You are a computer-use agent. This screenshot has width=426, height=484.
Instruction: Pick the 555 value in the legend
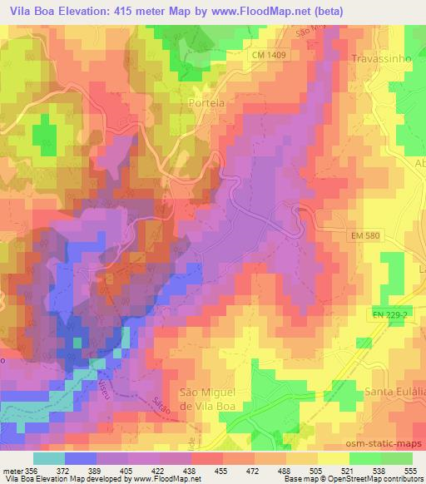pyautogui.click(x=409, y=470)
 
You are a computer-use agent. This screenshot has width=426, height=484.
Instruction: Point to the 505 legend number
pyautogui.click(x=316, y=470)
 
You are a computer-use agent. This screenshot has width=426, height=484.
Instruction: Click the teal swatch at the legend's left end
pyautogui.click(x=49, y=458)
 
